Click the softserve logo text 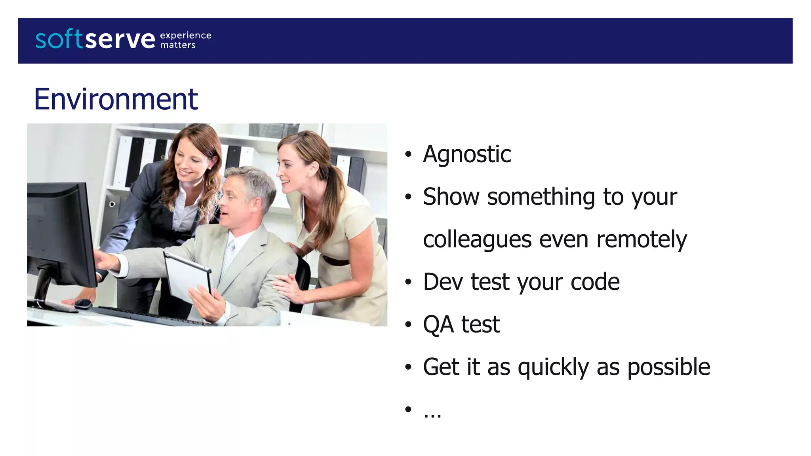[95, 40]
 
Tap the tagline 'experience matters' [185, 40]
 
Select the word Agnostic [467, 154]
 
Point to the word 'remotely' [642, 240]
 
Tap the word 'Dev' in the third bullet [443, 282]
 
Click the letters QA [438, 325]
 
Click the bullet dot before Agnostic [408, 155]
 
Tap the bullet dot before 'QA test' [408, 325]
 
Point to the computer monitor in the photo [59, 234]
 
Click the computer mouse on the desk [83, 304]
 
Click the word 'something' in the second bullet [541, 197]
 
